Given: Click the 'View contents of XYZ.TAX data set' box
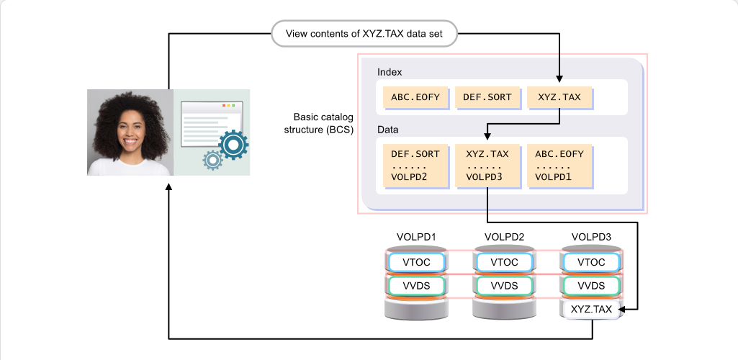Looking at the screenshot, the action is pyautogui.click(x=364, y=33).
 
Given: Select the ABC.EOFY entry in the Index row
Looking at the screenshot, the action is pyautogui.click(x=415, y=97).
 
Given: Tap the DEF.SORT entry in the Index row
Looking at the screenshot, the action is pyautogui.click(x=487, y=97).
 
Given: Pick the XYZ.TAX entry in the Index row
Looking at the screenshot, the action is pyautogui.click(x=559, y=97).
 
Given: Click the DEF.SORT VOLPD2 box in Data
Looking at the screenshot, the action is pyautogui.click(x=415, y=166).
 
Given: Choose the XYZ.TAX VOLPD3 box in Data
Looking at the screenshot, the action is pyautogui.click(x=487, y=166).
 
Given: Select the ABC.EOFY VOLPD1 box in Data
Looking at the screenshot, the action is pyautogui.click(x=559, y=166).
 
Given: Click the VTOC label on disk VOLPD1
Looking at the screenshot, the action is pyautogui.click(x=416, y=263).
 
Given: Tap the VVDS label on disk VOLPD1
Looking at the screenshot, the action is pyautogui.click(x=416, y=286).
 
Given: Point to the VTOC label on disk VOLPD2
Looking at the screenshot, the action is pyautogui.click(x=504, y=263).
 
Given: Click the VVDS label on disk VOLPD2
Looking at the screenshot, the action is pyautogui.click(x=504, y=286).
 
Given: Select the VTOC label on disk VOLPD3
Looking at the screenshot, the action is pyautogui.click(x=591, y=263).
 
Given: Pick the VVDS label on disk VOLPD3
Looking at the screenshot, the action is pyautogui.click(x=591, y=286).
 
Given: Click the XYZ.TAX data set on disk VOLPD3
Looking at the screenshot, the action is pyautogui.click(x=591, y=310).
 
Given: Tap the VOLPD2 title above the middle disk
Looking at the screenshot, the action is pyautogui.click(x=504, y=237).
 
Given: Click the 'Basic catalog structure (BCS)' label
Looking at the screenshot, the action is pyautogui.click(x=319, y=124).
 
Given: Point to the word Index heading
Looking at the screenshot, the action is pyautogui.click(x=390, y=73).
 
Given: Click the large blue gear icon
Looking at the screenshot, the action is pyautogui.click(x=233, y=145).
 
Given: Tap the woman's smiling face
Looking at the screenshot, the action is pyautogui.click(x=129, y=128).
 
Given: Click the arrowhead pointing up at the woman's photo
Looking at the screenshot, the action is pyautogui.click(x=168, y=187).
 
